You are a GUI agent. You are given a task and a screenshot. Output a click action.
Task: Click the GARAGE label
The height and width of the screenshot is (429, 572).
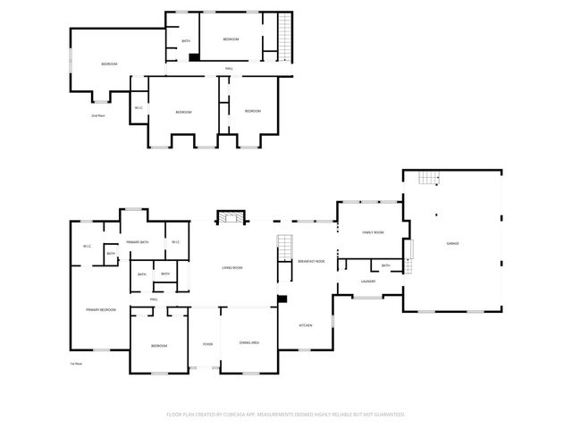pos(452,243)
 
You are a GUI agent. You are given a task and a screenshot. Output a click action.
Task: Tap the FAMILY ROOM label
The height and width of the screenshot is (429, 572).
pos(373,232)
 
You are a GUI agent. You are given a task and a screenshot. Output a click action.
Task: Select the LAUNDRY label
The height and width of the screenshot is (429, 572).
pos(367,282)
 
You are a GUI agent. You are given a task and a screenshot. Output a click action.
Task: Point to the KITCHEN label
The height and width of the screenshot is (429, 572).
pos(304,325)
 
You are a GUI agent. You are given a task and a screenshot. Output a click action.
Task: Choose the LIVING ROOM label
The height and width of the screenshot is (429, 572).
pos(232,268)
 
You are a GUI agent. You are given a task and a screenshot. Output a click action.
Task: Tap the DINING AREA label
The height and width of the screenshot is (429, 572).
pos(249,343)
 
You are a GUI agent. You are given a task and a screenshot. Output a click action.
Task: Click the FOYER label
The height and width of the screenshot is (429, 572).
pos(206,344)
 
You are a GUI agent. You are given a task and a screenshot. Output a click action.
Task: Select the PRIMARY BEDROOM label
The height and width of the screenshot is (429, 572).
pos(100,309)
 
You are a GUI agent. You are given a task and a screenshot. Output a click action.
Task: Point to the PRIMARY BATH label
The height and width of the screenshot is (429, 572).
pos(137,242)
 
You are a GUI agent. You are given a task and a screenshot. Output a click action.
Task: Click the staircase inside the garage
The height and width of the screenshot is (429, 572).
pos(431,179)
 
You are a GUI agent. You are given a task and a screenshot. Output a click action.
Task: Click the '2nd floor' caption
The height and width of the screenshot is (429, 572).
pos(97,115)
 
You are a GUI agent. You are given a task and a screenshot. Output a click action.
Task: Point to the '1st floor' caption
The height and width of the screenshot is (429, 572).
pos(76,364)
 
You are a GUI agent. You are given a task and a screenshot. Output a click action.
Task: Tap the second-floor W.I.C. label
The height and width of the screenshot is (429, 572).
pos(139,108)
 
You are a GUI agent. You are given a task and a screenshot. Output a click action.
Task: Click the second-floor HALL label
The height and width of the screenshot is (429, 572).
pos(229,69)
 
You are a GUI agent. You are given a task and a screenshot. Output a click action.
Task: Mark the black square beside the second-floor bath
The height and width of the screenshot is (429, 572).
pos(193,58)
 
